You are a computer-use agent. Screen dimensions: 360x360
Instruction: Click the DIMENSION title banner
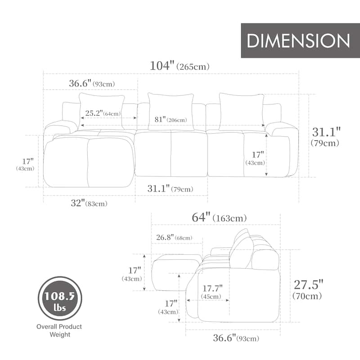[x=298, y=40]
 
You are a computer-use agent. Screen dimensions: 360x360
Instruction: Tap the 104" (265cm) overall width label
[x=180, y=66]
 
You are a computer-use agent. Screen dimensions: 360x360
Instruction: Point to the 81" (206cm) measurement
[x=170, y=120]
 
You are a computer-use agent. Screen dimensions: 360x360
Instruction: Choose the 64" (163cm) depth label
[x=219, y=218]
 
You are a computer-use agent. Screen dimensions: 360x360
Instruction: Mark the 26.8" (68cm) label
[x=174, y=237]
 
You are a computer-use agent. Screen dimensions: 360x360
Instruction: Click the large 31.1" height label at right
[x=327, y=136]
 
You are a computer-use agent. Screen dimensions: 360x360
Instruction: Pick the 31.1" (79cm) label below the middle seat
[x=171, y=189]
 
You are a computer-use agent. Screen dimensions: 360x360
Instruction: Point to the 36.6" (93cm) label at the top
[x=92, y=83]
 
